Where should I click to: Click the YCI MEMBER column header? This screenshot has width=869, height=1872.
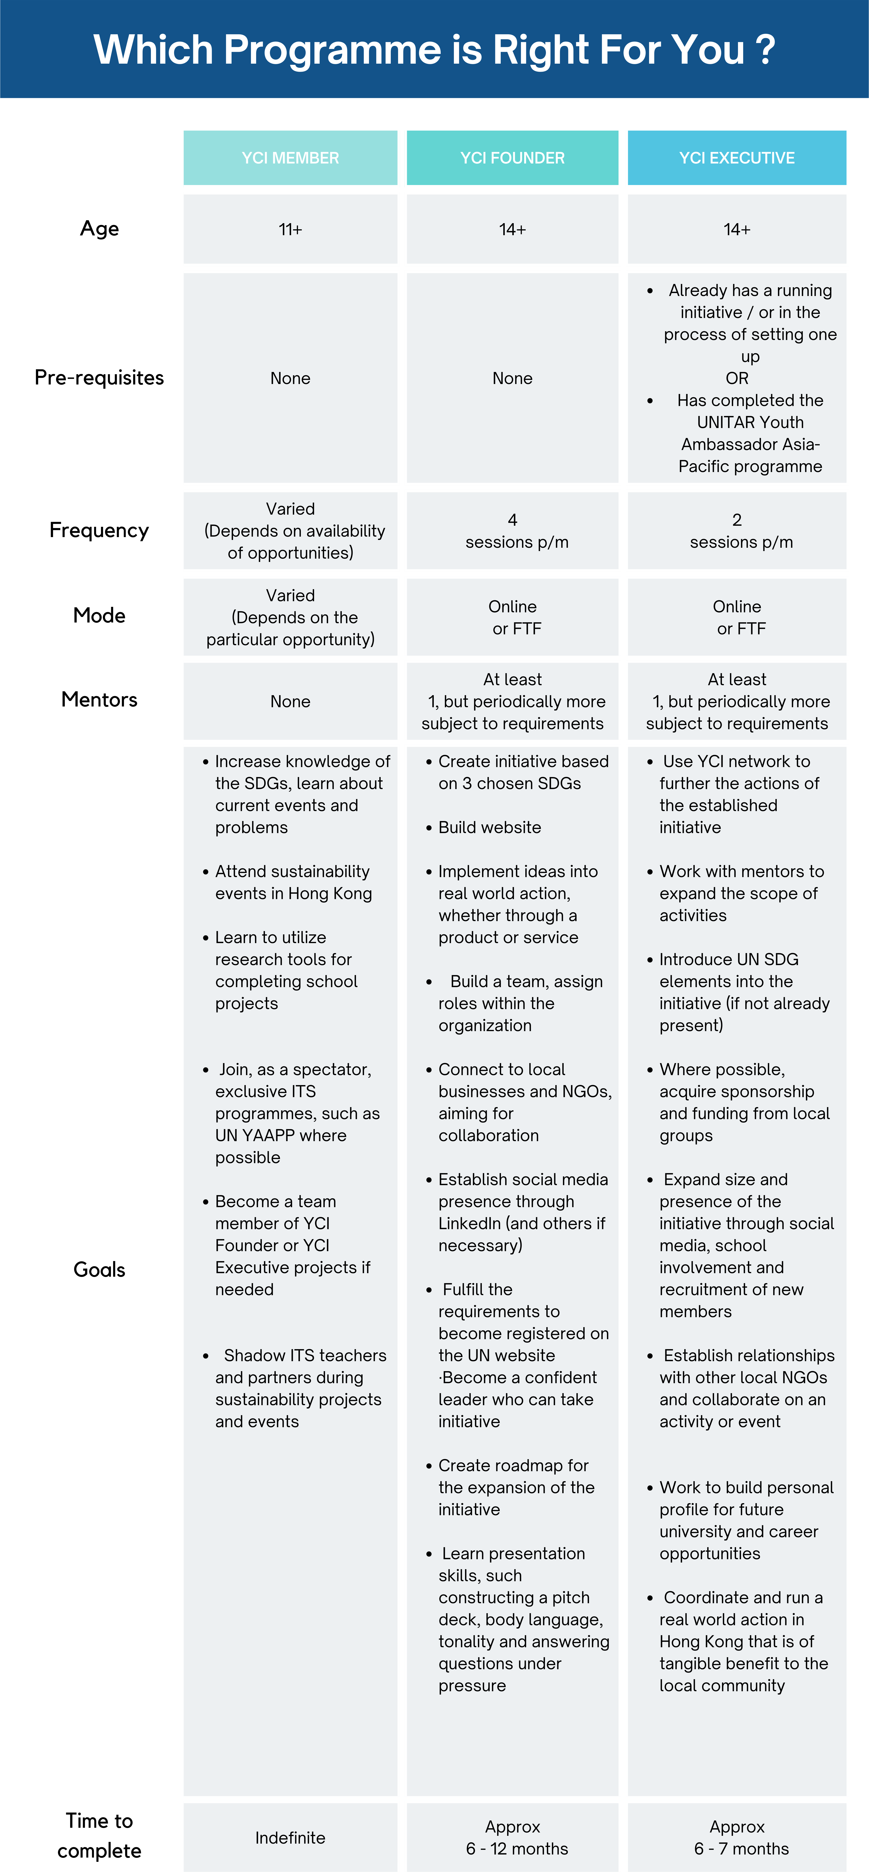point(290,158)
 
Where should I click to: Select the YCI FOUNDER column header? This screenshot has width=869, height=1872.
point(512,158)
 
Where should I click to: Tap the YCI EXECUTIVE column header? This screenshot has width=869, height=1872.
point(737,158)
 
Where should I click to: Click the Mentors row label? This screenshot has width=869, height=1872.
point(100,699)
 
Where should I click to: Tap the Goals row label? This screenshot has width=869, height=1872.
point(100,1270)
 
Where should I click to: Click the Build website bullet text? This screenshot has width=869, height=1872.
point(490,827)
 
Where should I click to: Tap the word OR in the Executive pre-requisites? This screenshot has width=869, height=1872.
point(737,378)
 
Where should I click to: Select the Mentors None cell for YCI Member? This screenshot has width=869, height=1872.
point(290,701)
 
